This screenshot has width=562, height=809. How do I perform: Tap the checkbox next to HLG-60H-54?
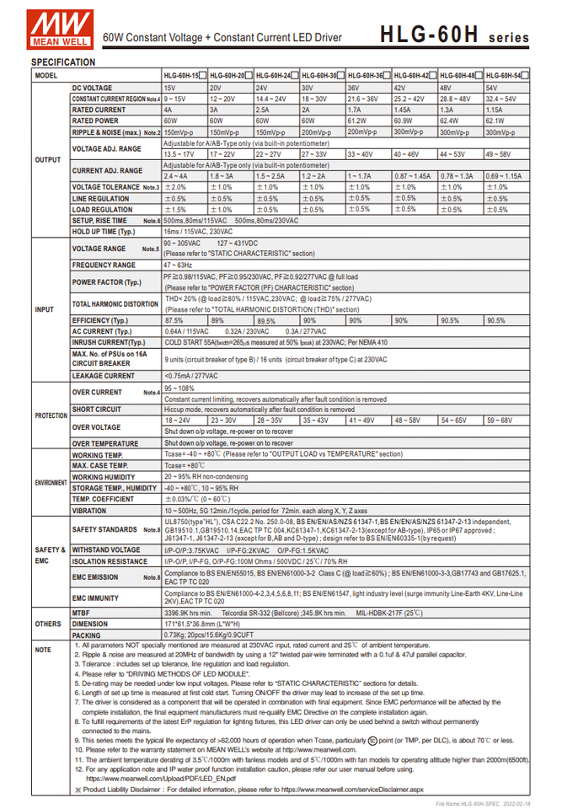click(527, 76)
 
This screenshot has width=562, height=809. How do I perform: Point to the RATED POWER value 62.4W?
click(449, 121)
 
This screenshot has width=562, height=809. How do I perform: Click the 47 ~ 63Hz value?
click(178, 265)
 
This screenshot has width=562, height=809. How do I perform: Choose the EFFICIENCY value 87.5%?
click(174, 320)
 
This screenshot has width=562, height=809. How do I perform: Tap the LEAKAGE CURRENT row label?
click(103, 376)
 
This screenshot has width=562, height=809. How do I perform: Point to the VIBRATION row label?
click(89, 511)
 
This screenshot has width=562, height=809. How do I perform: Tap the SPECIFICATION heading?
click(63, 62)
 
